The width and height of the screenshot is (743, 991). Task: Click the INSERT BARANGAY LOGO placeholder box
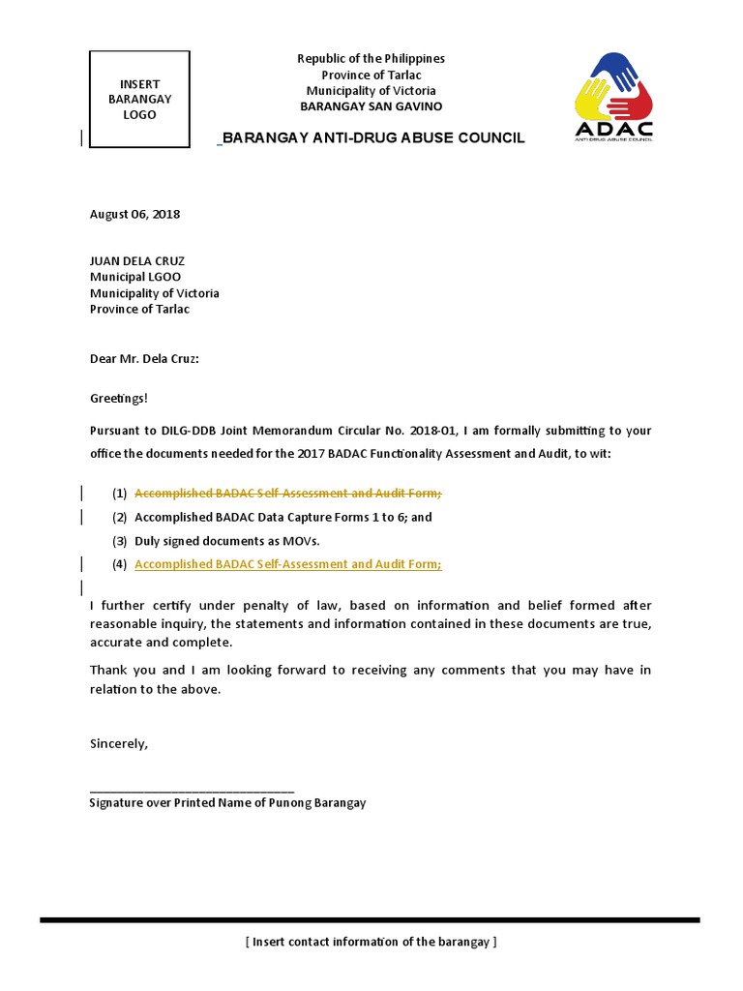click(139, 100)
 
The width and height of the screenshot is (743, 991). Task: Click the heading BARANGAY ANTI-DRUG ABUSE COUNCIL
click(374, 138)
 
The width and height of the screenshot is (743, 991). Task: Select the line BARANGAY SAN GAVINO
click(371, 106)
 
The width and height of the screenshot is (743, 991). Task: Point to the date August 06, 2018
click(134, 214)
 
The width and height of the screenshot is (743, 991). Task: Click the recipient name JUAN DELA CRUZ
click(136, 261)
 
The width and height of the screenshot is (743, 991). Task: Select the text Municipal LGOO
click(135, 277)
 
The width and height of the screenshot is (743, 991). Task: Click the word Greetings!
click(120, 398)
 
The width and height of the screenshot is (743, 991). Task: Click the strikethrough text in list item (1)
click(287, 494)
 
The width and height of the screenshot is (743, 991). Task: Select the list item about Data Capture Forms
click(282, 517)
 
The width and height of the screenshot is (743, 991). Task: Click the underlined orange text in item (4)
click(287, 564)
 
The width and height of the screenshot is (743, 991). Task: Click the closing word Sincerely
click(119, 744)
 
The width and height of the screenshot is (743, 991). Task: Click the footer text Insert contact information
click(371, 942)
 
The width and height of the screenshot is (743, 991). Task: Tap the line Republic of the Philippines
click(371, 59)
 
